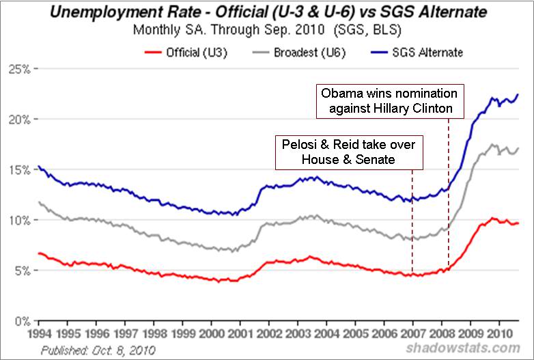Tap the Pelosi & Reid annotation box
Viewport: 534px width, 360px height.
(349, 152)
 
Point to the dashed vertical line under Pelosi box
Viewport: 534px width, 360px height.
(412, 219)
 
